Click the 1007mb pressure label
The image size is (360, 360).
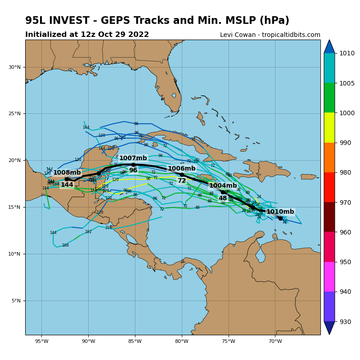tap(133, 158)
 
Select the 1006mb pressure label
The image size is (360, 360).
tap(181, 169)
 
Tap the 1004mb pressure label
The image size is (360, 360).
tap(223, 186)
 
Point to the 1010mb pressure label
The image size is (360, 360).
tap(280, 212)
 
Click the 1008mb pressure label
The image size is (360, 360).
tap(67, 173)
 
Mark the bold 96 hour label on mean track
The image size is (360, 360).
tap(133, 171)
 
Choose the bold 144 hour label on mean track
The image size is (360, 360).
tap(67, 185)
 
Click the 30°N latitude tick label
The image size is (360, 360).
tap(14, 67)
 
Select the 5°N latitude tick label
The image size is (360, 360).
tap(16, 301)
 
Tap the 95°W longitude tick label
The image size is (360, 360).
tap(41, 341)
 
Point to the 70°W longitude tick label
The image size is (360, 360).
tap(275, 341)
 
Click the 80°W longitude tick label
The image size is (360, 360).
tap(182, 341)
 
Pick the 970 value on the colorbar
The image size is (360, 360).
tap(347, 202)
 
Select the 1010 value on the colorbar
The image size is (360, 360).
tap(347, 53)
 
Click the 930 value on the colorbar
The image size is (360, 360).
tap(347, 322)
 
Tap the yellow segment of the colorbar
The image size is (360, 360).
tap(329, 127)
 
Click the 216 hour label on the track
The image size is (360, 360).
tap(108, 228)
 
